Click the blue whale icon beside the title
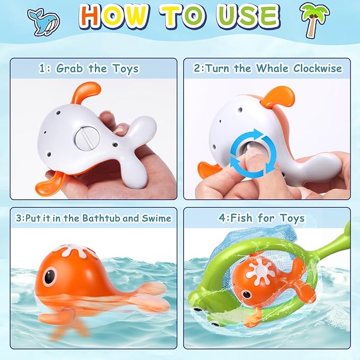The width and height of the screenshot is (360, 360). (43, 21)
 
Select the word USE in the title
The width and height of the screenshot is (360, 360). (249, 17)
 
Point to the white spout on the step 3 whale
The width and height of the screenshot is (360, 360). (71, 251)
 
